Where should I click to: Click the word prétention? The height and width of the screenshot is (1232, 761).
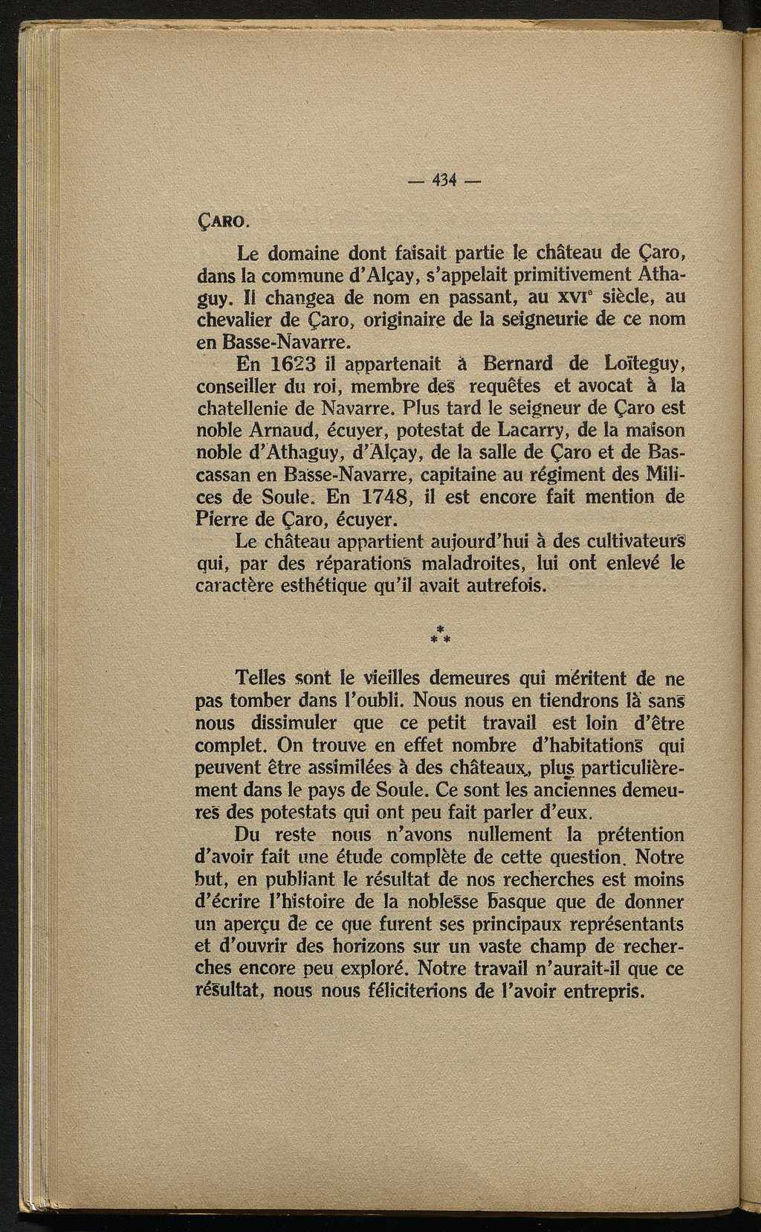coord(630,834)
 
